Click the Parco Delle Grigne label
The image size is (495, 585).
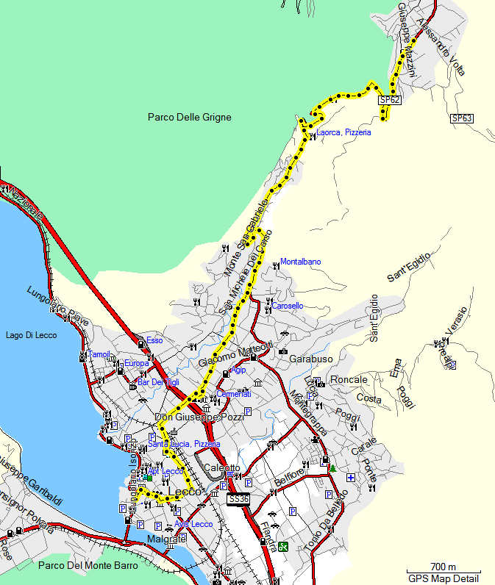click(x=189, y=117)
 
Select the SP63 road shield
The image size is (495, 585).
click(x=461, y=118)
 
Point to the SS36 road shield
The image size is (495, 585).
click(x=238, y=499)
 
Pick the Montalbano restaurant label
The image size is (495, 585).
click(x=300, y=262)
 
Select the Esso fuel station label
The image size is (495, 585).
click(x=154, y=340)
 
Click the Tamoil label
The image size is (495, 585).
click(x=99, y=354)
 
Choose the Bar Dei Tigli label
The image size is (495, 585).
click(x=158, y=382)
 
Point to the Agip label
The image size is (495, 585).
click(x=238, y=370)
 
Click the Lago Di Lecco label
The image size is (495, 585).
click(x=31, y=336)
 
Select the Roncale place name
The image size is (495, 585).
click(x=349, y=379)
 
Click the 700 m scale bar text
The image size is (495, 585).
click(x=444, y=566)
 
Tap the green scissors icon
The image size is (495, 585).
click(x=283, y=546)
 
